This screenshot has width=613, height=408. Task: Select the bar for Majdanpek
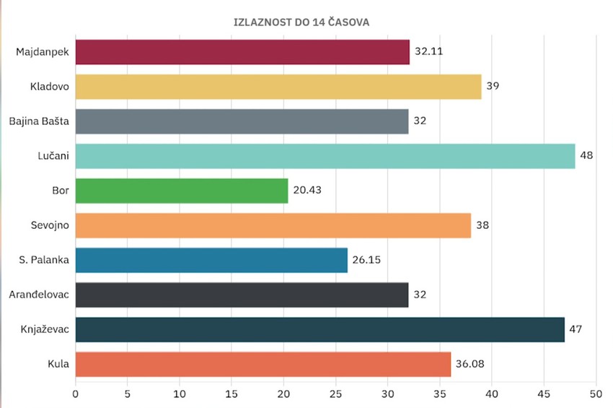(242, 52)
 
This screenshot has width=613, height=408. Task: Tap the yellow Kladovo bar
(278, 86)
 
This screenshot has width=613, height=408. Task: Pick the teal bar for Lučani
(325, 156)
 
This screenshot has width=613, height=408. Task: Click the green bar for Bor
(181, 191)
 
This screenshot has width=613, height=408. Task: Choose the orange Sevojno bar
(273, 225)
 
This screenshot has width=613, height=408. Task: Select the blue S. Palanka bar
(211, 260)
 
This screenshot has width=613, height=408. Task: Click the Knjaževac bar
(319, 329)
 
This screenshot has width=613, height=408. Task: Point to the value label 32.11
(427, 52)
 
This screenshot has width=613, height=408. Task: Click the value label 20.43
(306, 191)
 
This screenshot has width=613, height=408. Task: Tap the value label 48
(586, 156)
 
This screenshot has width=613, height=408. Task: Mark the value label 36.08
(469, 364)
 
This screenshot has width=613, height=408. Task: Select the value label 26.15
(366, 260)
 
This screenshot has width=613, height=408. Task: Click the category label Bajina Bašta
(39, 121)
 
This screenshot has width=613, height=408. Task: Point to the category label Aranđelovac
(39, 295)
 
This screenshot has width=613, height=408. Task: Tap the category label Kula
(58, 364)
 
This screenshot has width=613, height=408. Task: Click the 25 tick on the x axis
(335, 394)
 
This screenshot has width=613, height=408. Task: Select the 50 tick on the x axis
(596, 394)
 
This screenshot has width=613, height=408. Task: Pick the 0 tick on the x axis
(75, 394)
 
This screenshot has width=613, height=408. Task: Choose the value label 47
(575, 329)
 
